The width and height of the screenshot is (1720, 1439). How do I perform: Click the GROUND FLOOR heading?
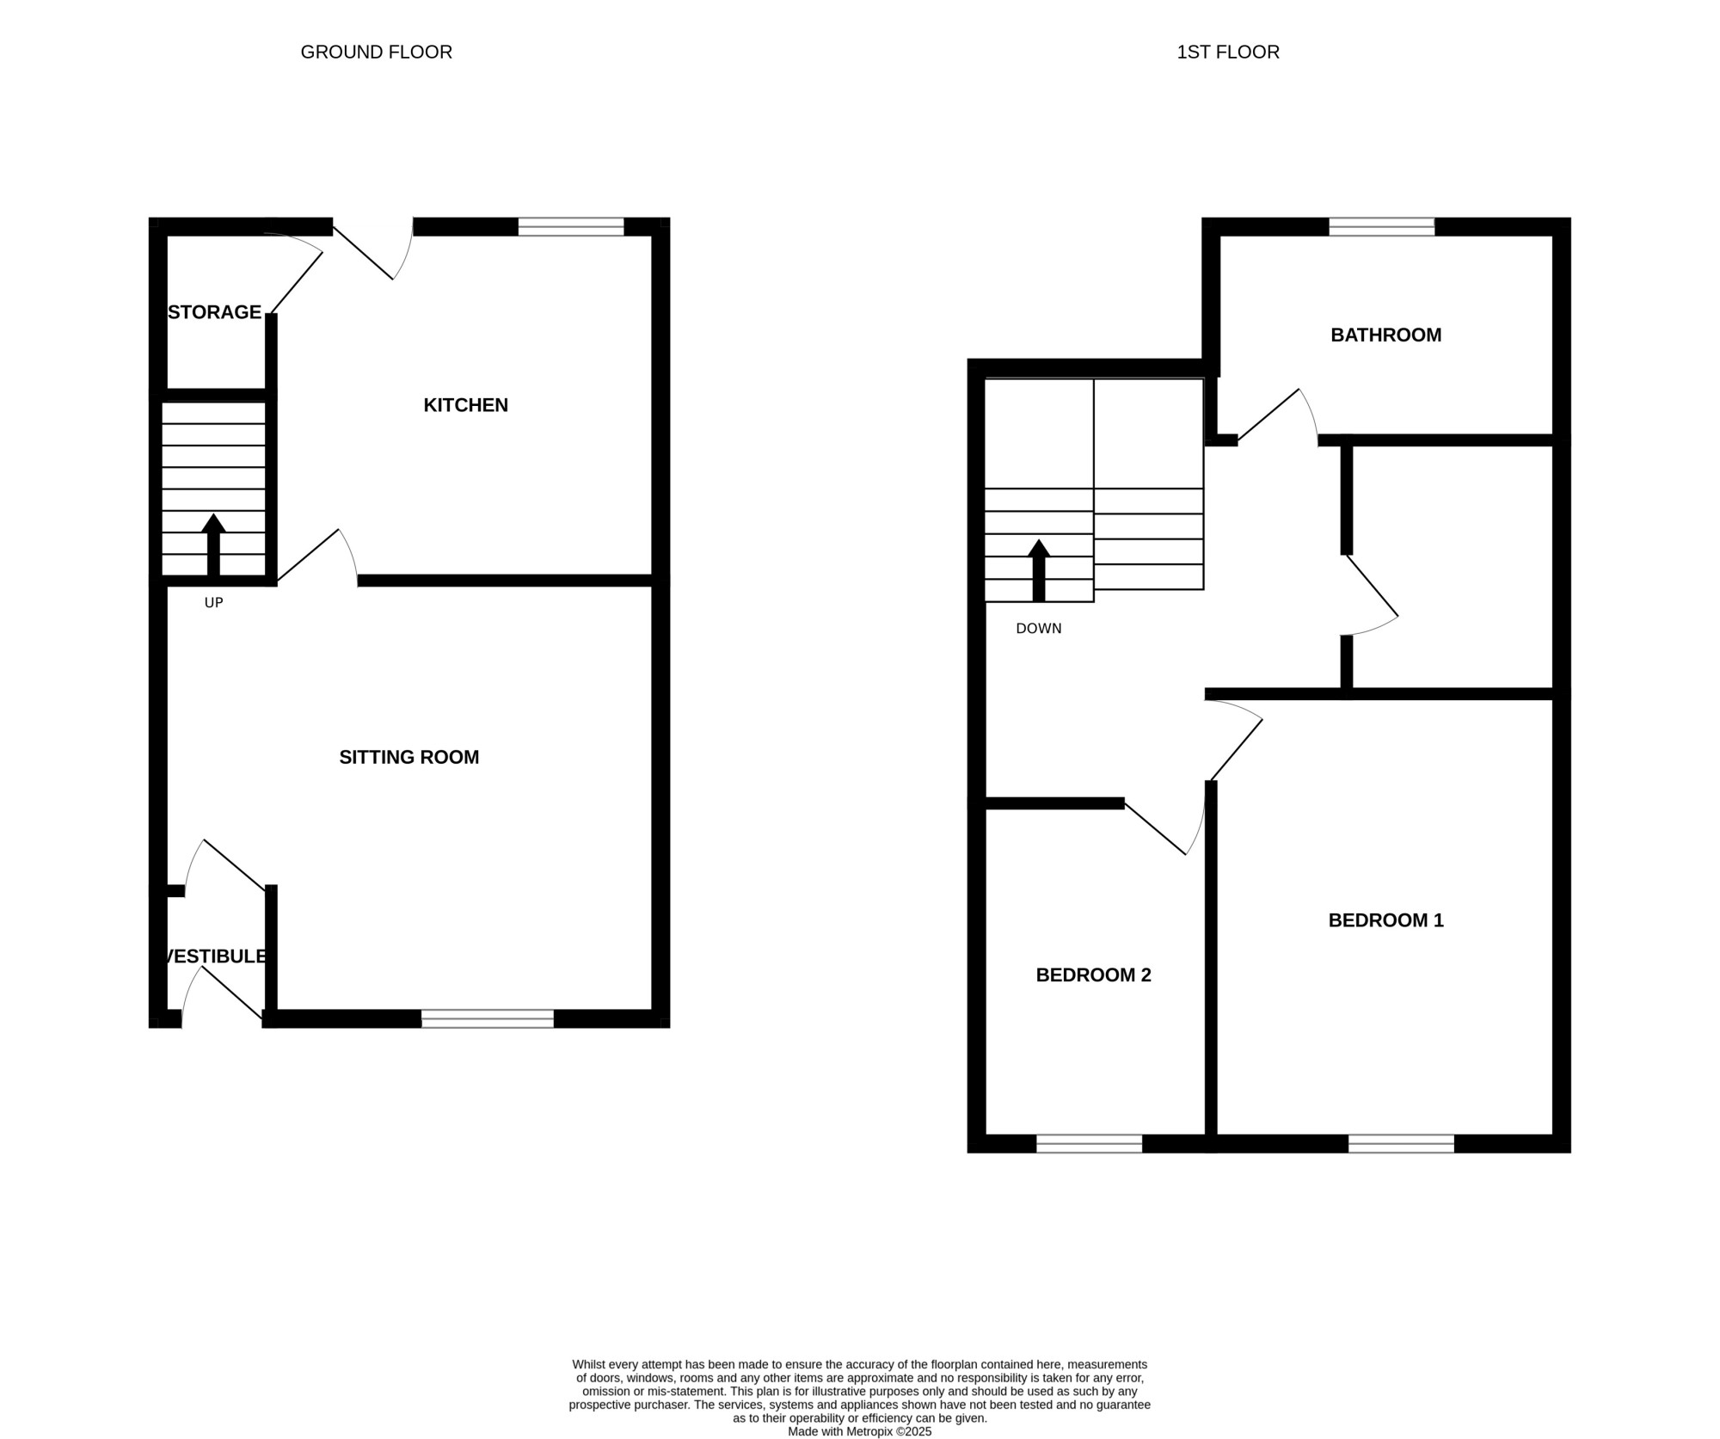[x=376, y=52]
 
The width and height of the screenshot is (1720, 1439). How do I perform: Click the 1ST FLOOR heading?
[x=1228, y=52]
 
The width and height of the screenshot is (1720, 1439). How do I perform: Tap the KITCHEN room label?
[x=466, y=405]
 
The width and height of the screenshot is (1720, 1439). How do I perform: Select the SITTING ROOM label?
[x=409, y=757]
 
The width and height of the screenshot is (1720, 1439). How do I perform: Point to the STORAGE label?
[x=215, y=312]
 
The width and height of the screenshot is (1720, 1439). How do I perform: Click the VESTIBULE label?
[x=215, y=956]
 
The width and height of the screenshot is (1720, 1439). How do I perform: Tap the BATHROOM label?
[x=1386, y=335]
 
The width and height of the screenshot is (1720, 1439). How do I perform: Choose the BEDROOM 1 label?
[x=1386, y=920]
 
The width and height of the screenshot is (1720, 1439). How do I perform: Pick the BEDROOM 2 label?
[x=1094, y=975]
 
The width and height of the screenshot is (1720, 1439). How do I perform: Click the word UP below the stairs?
[x=214, y=603]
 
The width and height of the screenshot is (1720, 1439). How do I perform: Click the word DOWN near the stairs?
[x=1039, y=629]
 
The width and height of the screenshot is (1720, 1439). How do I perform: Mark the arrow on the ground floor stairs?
[x=213, y=545]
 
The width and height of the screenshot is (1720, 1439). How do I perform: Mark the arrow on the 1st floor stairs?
[x=1039, y=570]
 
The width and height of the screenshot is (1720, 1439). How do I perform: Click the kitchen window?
[x=571, y=227]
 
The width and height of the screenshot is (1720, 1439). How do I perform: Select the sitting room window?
[x=488, y=1019]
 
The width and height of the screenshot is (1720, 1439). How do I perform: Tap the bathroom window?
[x=1382, y=227]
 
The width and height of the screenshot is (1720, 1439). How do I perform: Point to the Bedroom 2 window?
[x=1090, y=1144]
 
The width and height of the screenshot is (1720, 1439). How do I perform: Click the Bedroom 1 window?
[x=1402, y=1144]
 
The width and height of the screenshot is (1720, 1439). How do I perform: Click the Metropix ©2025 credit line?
[x=859, y=1432]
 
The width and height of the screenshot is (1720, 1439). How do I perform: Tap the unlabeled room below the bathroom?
[x=1453, y=567]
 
